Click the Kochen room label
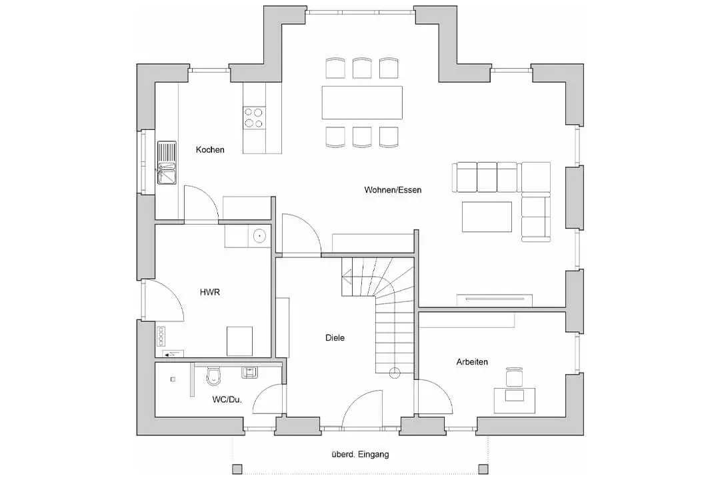point(210,150)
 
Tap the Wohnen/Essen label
point(393,190)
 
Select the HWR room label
point(210,292)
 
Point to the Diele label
point(335,337)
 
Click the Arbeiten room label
point(472,362)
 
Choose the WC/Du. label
point(227,399)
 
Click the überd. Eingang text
point(360,454)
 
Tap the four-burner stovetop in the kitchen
point(254,117)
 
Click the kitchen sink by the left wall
point(167,163)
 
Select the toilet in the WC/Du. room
point(213,376)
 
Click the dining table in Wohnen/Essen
point(362,103)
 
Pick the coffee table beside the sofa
point(487,217)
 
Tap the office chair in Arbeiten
point(514,377)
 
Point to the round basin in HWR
point(259,237)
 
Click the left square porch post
point(237,469)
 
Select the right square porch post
point(483,469)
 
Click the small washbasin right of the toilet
point(249,372)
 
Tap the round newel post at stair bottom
point(395,373)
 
